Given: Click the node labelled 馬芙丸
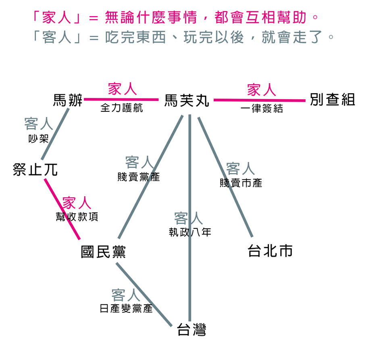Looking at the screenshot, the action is pyautogui.click(x=187, y=100).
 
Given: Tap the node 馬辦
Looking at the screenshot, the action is pyautogui.click(x=68, y=100).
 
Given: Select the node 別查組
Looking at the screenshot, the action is pyautogui.click(x=333, y=99).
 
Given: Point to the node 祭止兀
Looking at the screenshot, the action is pyautogui.click(x=35, y=170).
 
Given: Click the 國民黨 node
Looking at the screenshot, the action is pyautogui.click(x=103, y=252).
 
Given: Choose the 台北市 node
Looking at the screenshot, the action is pyautogui.click(x=270, y=251).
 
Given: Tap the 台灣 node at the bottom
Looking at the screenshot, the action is pyautogui.click(x=191, y=330).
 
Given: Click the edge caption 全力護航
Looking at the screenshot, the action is pyautogui.click(x=122, y=108).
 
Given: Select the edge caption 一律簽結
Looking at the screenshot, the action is pyautogui.click(x=262, y=109).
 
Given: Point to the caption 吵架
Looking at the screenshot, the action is pyautogui.click(x=38, y=138).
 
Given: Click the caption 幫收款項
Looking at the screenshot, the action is pyautogui.click(x=77, y=217).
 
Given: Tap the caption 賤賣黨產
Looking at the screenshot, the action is pyautogui.click(x=139, y=177).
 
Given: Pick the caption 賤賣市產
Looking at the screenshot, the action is pyautogui.click(x=241, y=183).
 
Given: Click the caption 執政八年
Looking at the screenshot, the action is pyautogui.click(x=190, y=232).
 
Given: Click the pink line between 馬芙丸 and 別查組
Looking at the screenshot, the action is pyautogui.click(x=259, y=100).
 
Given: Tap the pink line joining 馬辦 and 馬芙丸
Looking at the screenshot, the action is pyautogui.click(x=121, y=100).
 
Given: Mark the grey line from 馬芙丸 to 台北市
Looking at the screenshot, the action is pyautogui.click(x=225, y=177).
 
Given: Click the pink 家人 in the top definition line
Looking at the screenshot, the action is pyautogui.click(x=56, y=17).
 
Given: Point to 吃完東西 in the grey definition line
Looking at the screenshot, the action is pyautogui.click(x=135, y=37).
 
